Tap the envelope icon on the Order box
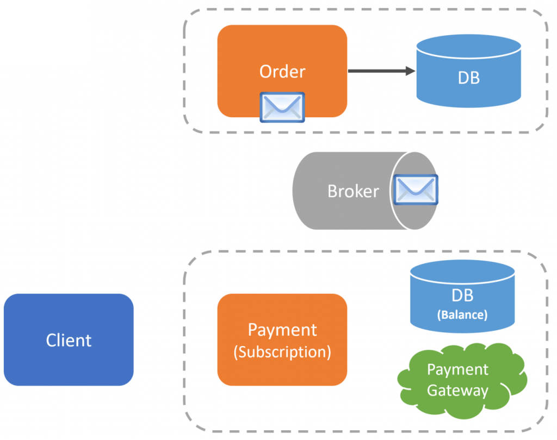tap(282, 107)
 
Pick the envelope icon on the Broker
tap(416, 189)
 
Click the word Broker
tap(353, 191)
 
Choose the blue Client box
tap(69, 340)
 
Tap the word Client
tap(69, 340)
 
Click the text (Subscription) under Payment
tap(282, 351)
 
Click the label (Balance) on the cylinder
tap(462, 315)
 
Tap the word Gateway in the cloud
tap(457, 390)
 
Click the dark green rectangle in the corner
tap(44, 32)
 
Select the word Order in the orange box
tap(282, 71)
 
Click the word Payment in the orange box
tap(282, 330)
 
